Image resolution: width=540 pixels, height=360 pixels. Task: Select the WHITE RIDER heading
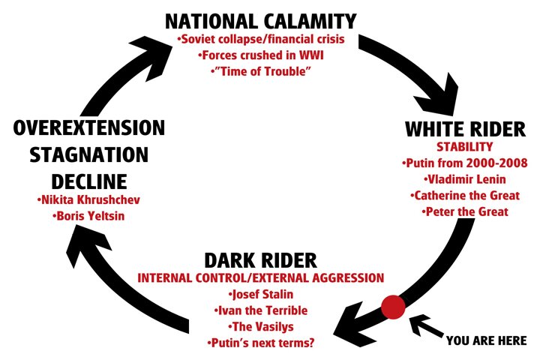464,129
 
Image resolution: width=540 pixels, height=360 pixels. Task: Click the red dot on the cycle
393,307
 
